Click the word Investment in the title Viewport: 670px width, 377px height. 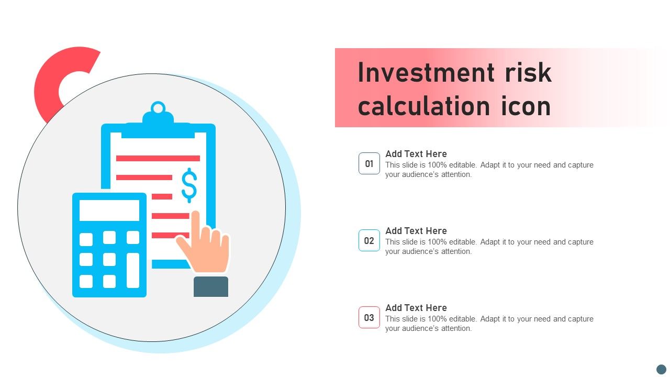(x=426, y=73)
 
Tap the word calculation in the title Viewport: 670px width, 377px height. (x=424, y=106)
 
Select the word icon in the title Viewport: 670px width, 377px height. (x=526, y=106)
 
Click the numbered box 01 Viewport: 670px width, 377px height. (x=369, y=163)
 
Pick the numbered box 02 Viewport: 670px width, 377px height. (x=369, y=240)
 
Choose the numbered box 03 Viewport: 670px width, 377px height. (x=369, y=317)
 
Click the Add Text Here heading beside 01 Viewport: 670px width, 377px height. (x=416, y=154)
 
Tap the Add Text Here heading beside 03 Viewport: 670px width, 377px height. (x=416, y=307)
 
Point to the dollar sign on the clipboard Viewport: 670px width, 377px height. (x=189, y=185)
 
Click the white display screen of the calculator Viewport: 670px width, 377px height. (x=109, y=210)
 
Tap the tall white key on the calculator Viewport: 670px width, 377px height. (x=133, y=271)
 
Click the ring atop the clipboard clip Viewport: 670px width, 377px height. (x=158, y=107)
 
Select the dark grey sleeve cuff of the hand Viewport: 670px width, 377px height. (x=211, y=286)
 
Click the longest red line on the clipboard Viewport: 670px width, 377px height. (x=158, y=158)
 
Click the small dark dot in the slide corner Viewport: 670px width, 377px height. (x=661, y=369)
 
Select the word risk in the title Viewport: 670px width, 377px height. (x=528, y=73)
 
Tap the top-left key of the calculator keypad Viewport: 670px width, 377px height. (x=86, y=239)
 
